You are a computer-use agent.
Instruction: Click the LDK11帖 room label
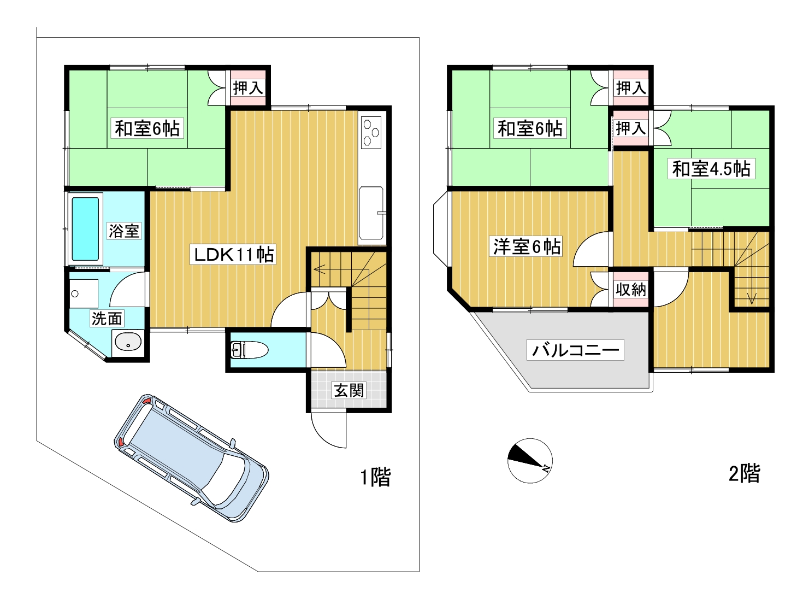pyautogui.click(x=233, y=255)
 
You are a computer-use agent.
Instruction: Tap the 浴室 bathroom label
pyautogui.click(x=124, y=231)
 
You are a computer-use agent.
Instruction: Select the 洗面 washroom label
pyautogui.click(x=107, y=318)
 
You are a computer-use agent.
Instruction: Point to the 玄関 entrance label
pyautogui.click(x=349, y=391)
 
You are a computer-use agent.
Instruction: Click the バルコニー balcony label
pyautogui.click(x=575, y=350)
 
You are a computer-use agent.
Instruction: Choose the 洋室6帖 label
pyautogui.click(x=527, y=246)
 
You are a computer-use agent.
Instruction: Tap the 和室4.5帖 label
pyautogui.click(x=711, y=169)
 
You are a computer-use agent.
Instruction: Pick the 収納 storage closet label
pyautogui.click(x=630, y=290)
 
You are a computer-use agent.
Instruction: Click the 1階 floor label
pyautogui.click(x=375, y=477)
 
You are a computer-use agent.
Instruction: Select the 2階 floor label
pyautogui.click(x=745, y=473)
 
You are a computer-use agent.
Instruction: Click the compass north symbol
pyautogui.click(x=530, y=461)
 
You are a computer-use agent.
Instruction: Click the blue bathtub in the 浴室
pyautogui.click(x=85, y=229)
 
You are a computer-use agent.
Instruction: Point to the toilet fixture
pyautogui.click(x=250, y=350)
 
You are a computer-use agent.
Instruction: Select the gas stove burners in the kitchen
pyautogui.click(x=371, y=132)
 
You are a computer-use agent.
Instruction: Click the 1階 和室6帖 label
pyautogui.click(x=147, y=128)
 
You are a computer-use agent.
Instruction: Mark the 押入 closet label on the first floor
pyautogui.click(x=248, y=88)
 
